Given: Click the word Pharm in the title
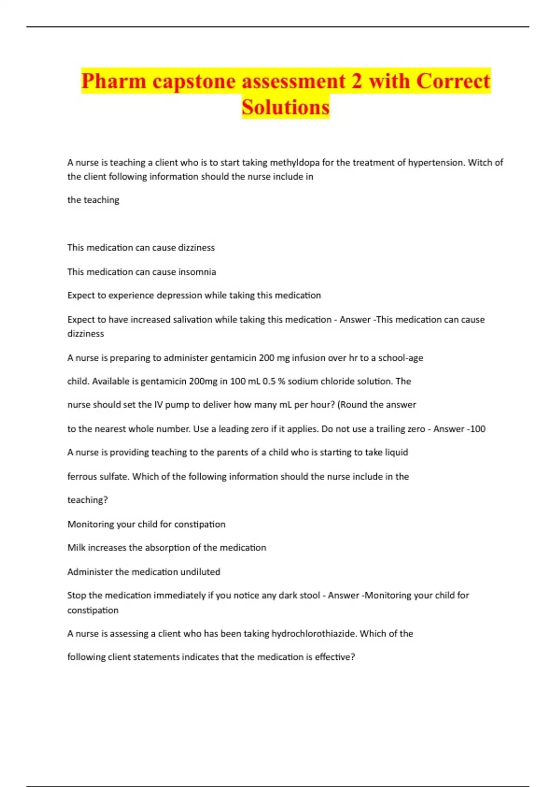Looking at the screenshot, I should (x=114, y=81).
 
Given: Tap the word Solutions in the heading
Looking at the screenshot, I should (x=285, y=107).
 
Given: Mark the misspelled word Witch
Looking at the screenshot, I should (x=480, y=162).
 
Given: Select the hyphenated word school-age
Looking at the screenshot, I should (x=400, y=358).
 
